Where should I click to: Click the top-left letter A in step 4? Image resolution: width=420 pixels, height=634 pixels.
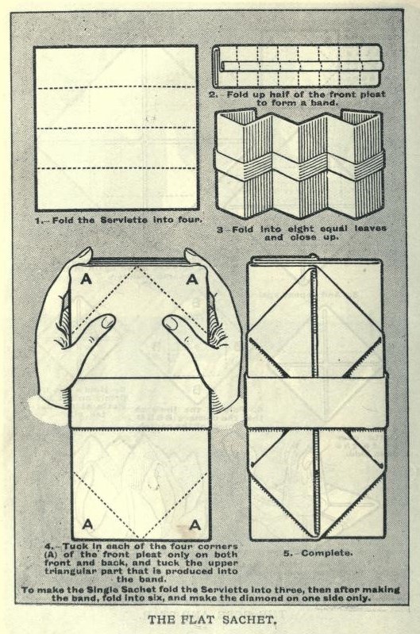[86, 279]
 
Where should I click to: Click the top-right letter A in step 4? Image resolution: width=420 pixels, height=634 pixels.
[192, 279]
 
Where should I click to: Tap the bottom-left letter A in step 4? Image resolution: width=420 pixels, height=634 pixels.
[87, 524]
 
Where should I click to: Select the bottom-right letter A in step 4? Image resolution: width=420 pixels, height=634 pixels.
[195, 524]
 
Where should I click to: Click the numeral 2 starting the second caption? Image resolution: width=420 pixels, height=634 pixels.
[212, 94]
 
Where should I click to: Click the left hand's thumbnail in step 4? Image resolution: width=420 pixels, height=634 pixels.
[108, 321]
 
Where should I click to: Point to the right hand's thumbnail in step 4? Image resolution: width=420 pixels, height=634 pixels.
[171, 322]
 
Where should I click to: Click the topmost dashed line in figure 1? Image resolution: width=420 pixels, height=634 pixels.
[117, 87]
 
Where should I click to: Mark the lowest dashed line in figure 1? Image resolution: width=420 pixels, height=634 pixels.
[117, 167]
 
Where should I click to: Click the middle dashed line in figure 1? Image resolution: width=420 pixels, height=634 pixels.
[117, 129]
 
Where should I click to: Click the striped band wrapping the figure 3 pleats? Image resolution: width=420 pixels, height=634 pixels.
[299, 166]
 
